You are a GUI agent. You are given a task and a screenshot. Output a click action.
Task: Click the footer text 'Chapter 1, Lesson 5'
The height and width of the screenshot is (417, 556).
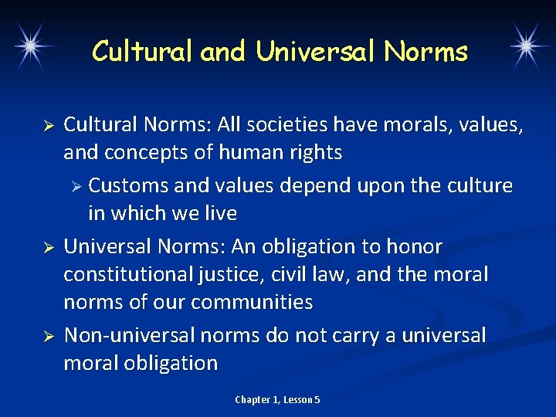tap(277, 399)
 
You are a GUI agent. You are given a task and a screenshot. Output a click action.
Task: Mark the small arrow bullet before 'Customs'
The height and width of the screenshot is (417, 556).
tap(75, 186)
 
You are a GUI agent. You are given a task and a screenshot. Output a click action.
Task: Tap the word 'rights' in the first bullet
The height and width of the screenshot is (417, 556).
tap(317, 153)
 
